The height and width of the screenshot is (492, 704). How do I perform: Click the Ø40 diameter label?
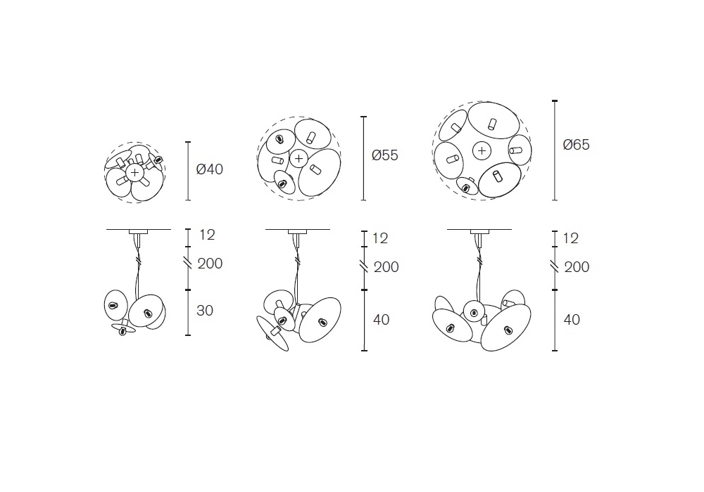(x=209, y=169)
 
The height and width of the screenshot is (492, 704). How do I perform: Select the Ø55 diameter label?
(x=385, y=155)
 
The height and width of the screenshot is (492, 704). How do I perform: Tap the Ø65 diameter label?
(x=576, y=145)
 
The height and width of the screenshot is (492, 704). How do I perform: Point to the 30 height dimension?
(x=205, y=311)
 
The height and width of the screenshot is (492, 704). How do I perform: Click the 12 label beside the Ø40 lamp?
(x=207, y=235)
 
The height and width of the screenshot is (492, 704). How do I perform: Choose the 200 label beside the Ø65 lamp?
(x=577, y=267)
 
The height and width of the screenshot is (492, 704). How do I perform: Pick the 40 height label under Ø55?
(x=381, y=320)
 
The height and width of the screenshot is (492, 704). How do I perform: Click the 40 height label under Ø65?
(x=572, y=320)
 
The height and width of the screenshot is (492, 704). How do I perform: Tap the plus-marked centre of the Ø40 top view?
(x=134, y=172)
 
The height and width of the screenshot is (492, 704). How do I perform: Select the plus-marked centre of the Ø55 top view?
(x=298, y=158)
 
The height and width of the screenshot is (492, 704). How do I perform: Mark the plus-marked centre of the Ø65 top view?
(x=482, y=151)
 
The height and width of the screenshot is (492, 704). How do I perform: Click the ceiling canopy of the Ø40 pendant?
(x=138, y=232)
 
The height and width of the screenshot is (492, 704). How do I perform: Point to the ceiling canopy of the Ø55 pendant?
(x=297, y=232)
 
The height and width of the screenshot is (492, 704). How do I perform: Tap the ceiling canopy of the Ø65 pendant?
(x=479, y=232)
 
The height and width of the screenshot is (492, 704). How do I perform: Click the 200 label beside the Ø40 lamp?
(x=210, y=264)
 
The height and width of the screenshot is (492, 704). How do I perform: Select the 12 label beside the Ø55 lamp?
(x=380, y=238)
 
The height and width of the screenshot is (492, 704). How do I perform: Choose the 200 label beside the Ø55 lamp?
(x=386, y=267)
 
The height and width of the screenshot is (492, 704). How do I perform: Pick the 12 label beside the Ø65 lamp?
(x=570, y=238)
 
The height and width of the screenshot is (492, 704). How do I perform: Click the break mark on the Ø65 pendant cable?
(x=479, y=260)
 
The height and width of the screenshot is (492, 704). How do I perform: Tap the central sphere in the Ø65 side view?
(x=473, y=311)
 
